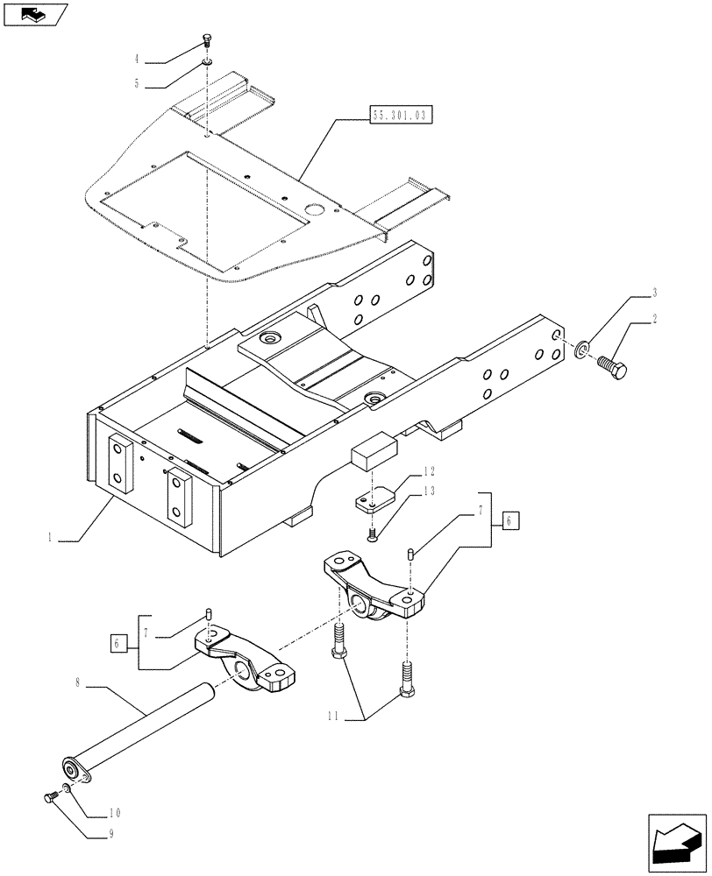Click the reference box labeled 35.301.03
pyautogui.click(x=397, y=114)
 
